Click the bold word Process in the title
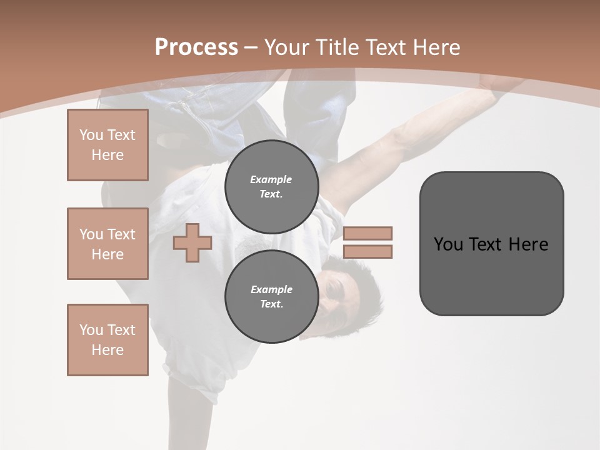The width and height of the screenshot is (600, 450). [x=196, y=47]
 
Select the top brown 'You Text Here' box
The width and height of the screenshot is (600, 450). [x=107, y=145]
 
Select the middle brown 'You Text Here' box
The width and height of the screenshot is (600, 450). [x=107, y=244]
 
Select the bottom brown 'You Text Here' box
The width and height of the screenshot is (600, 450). [x=107, y=340]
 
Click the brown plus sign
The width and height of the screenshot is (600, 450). [x=192, y=242]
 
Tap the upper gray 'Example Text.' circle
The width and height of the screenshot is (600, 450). [x=271, y=187]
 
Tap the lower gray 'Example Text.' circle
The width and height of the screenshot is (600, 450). [x=271, y=297]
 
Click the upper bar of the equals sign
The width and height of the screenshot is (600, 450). [x=367, y=233]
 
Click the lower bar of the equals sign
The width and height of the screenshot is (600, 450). [x=367, y=251]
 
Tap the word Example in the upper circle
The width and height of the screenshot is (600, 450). [x=271, y=179]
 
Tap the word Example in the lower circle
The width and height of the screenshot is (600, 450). [x=271, y=289]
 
